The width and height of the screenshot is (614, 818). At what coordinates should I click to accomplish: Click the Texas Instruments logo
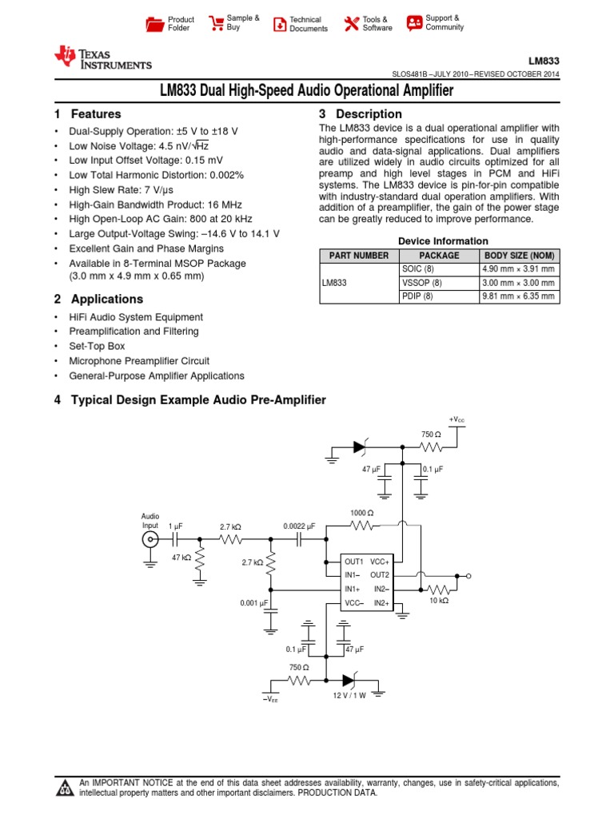click(102, 58)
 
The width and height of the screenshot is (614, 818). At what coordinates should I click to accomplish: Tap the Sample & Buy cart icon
click(216, 23)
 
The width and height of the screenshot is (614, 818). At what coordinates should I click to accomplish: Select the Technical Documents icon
click(279, 24)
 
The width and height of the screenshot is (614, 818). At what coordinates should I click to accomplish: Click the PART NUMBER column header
click(353, 256)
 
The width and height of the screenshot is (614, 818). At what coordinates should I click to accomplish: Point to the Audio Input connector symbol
click(150, 540)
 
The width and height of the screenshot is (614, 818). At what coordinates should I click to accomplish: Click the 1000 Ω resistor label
click(362, 512)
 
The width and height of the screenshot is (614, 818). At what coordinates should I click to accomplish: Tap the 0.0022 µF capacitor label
click(299, 526)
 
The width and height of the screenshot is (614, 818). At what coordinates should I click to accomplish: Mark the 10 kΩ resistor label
click(439, 600)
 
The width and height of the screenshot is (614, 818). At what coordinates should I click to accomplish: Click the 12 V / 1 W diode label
click(349, 696)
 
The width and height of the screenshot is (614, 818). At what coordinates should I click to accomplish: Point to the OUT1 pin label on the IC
click(354, 562)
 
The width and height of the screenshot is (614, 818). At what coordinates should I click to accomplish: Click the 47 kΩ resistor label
click(181, 558)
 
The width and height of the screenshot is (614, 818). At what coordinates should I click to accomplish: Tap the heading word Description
click(369, 114)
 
